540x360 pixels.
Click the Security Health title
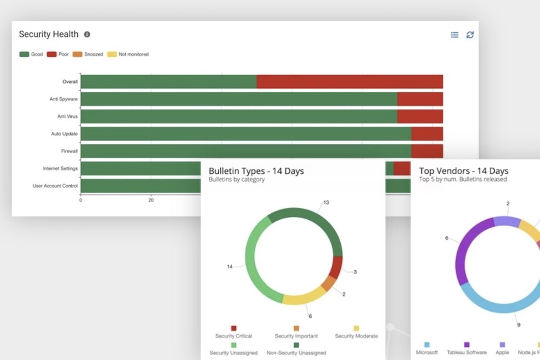[49, 35]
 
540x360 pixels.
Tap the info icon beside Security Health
[87, 35]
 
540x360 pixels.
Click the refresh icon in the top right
[470, 35]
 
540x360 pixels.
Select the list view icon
[455, 35]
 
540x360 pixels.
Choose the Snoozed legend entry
[89, 55]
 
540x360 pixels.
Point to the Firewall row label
[69, 151]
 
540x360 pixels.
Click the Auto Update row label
[64, 134]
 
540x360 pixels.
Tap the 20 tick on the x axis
[151, 200]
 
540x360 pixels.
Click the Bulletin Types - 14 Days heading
[256, 171]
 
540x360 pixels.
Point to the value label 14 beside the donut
[230, 267]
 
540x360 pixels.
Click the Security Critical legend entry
[233, 332]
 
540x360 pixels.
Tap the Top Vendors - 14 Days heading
[463, 171]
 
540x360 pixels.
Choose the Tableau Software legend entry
[467, 349]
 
